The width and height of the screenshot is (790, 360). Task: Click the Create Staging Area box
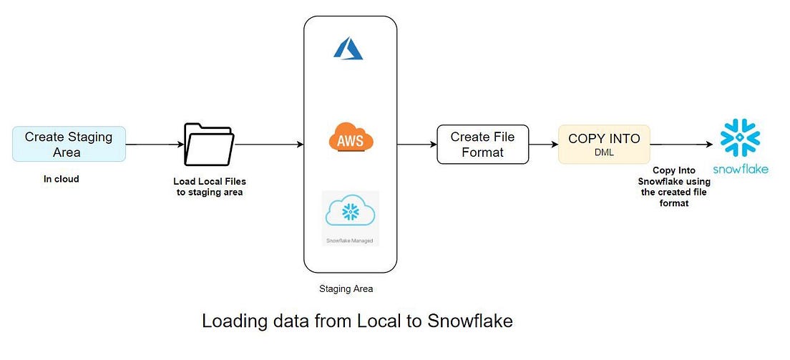[x=69, y=144]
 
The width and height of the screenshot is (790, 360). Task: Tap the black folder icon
[x=209, y=144]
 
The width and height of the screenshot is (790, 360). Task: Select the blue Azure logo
[x=350, y=48]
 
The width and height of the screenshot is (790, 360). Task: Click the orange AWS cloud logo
[x=351, y=137]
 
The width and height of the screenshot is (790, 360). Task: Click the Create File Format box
[x=482, y=144]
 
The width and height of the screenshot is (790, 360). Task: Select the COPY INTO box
[x=603, y=144]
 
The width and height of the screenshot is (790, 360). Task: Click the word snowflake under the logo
[x=740, y=169]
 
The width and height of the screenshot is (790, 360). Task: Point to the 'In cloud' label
[x=61, y=179]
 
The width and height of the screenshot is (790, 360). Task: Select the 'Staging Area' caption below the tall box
[x=346, y=290]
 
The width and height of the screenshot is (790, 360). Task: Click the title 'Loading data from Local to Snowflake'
[x=357, y=321]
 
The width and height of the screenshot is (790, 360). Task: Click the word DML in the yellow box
[x=603, y=152]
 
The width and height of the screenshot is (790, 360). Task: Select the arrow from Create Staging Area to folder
[x=155, y=144]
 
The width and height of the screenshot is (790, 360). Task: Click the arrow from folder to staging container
[x=268, y=144]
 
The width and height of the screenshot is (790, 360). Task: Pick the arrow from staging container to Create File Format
[x=416, y=144]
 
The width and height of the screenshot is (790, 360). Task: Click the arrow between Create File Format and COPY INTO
[x=543, y=144]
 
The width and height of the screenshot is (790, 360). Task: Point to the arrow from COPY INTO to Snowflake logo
[x=681, y=144]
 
